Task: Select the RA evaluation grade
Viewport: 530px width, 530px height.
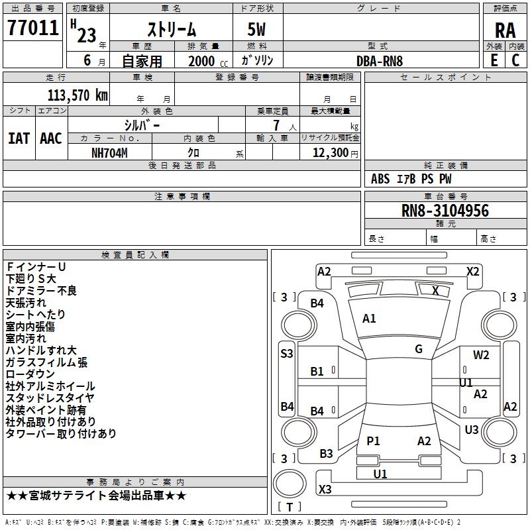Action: (505, 30)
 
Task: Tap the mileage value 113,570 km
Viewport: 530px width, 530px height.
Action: (77, 95)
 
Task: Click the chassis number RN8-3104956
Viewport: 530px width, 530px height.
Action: (445, 211)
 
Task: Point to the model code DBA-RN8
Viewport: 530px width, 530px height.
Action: (380, 60)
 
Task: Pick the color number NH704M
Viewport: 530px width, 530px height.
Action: (109, 152)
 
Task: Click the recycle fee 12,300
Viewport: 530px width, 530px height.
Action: (329, 152)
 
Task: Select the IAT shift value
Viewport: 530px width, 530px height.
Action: (19, 138)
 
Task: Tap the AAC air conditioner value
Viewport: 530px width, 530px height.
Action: (51, 138)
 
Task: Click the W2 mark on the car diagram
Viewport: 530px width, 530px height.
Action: (481, 355)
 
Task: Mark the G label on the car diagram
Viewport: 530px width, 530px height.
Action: (419, 349)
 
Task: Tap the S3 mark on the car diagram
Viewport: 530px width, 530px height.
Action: (286, 354)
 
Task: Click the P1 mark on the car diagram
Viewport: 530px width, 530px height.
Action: (374, 441)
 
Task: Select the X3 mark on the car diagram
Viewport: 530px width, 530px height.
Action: (325, 490)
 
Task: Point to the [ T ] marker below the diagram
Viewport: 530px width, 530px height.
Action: (290, 507)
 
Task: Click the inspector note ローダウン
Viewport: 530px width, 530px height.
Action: (30, 374)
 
